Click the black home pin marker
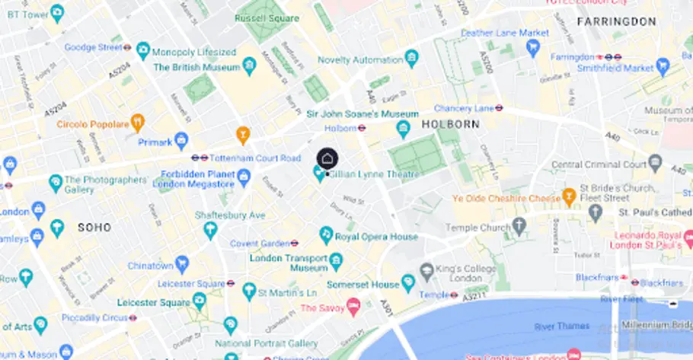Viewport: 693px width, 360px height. tap(327, 158)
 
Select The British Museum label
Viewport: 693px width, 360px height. tap(196, 67)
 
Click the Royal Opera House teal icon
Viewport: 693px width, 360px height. tap(326, 234)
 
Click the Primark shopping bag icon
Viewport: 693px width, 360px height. tap(181, 141)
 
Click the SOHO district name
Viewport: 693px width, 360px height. tap(94, 227)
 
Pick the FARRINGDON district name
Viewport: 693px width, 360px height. tap(616, 21)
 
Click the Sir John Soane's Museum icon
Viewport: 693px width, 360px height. tap(404, 129)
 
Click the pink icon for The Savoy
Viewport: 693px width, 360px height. tap(353, 306)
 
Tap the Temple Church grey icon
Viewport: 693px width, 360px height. tap(519, 226)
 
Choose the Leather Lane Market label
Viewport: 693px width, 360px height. tap(505, 33)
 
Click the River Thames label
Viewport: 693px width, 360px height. tap(561, 327)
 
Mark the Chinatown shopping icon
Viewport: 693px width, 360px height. tap(181, 265)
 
